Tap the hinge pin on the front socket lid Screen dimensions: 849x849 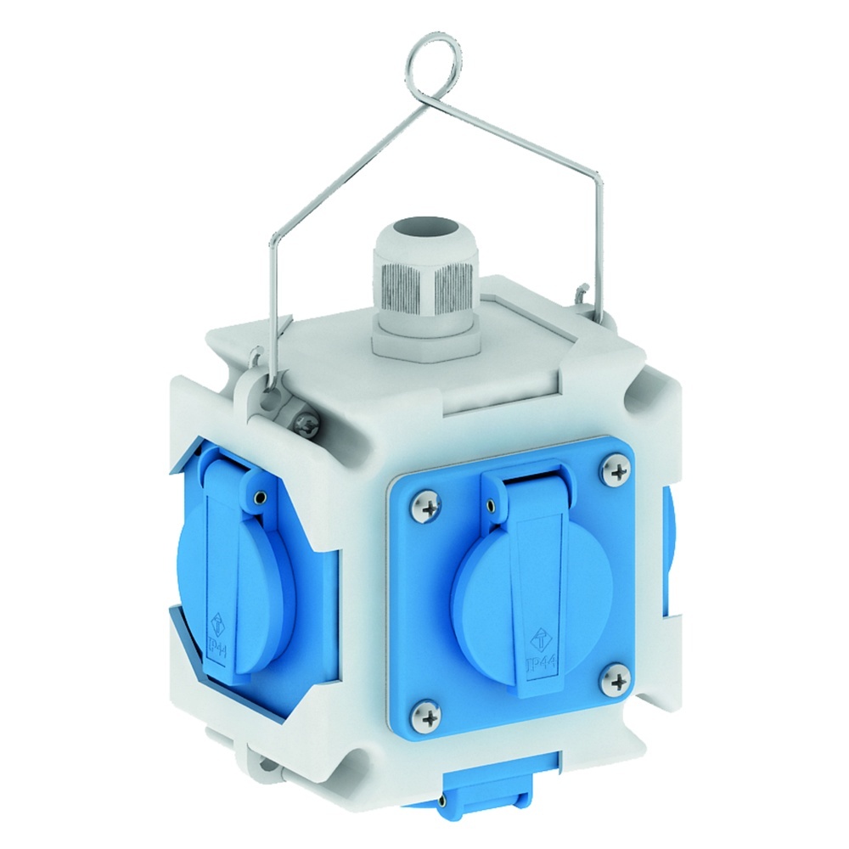[x=492, y=507]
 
